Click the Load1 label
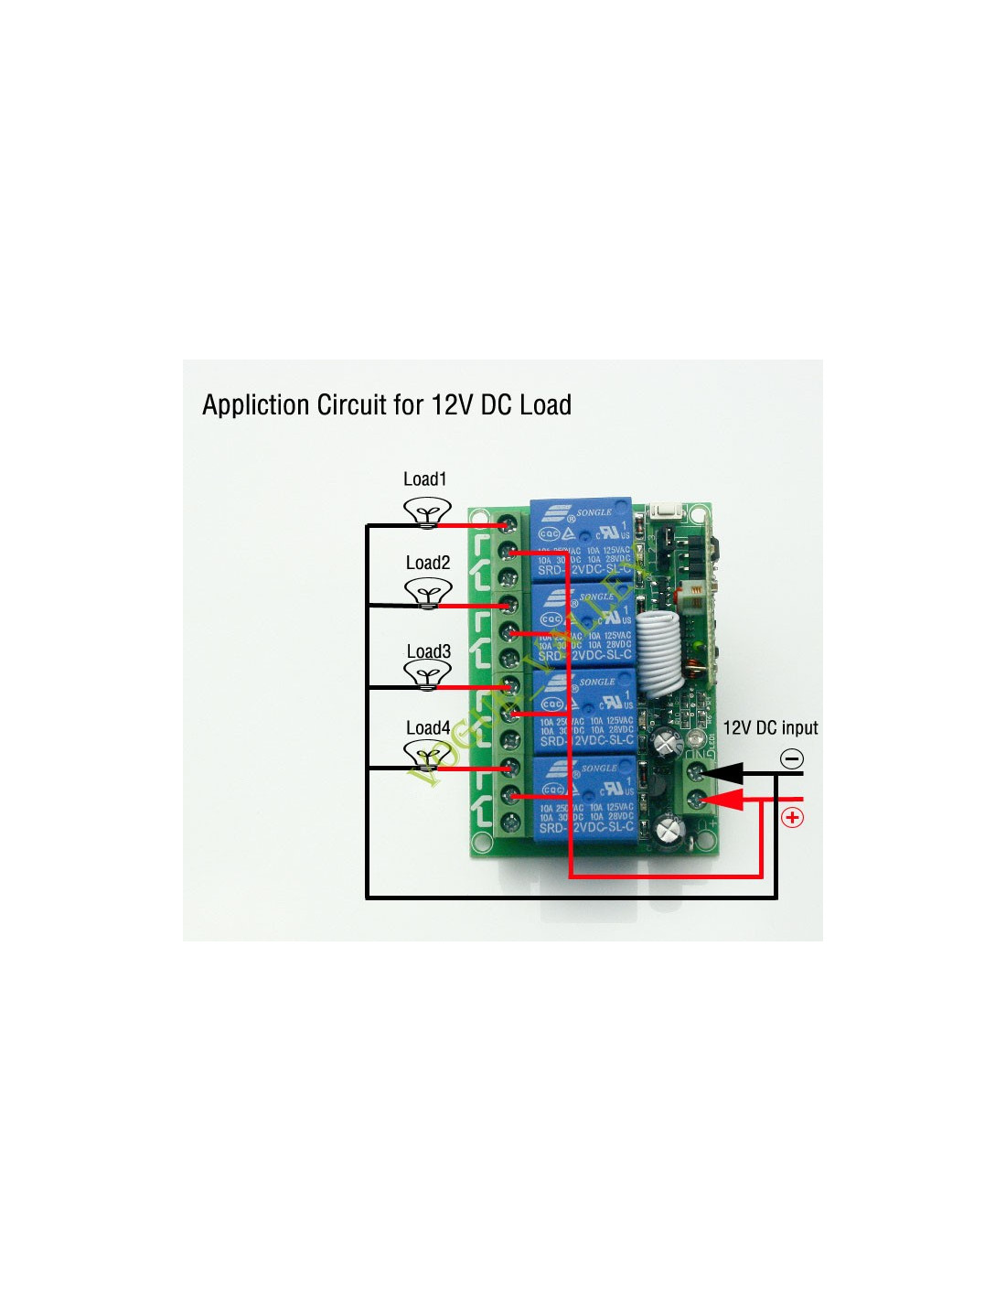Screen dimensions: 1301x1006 click(x=424, y=479)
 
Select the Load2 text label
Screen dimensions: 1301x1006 click(x=428, y=563)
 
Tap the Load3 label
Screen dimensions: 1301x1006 click(x=428, y=651)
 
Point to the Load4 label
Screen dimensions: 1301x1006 click(x=428, y=728)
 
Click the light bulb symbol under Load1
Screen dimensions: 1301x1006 click(x=427, y=511)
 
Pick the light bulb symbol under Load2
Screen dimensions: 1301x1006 click(x=427, y=594)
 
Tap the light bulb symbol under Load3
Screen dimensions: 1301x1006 click(x=427, y=675)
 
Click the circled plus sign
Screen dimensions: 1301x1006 click(x=792, y=817)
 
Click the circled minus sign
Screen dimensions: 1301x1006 click(x=792, y=758)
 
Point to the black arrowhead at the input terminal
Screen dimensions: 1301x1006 click(x=723, y=774)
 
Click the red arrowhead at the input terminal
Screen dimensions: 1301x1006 click(x=723, y=800)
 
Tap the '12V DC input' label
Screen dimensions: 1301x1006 click(x=770, y=728)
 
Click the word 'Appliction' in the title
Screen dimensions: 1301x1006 click(x=255, y=404)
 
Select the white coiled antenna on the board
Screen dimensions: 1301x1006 click(x=661, y=650)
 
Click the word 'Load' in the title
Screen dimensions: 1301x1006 click(x=545, y=404)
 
